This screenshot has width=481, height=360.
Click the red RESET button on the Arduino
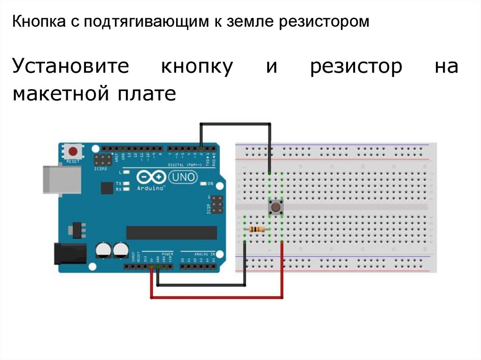click(73, 152)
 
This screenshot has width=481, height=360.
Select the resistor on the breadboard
click(256, 229)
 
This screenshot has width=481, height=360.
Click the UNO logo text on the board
click(184, 177)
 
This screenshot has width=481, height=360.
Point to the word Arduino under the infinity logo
click(151, 187)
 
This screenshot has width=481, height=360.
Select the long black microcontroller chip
click(172, 232)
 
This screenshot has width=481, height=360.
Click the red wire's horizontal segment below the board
click(216, 297)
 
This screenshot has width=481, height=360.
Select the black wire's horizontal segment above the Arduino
click(235, 123)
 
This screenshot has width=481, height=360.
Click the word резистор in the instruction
click(356, 67)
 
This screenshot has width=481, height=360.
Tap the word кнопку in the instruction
click(197, 67)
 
